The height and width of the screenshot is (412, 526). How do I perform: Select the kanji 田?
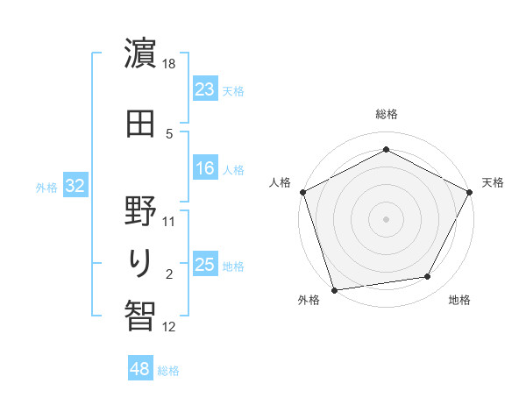coord(140,124)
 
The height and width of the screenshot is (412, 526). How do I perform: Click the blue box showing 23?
coord(205,89)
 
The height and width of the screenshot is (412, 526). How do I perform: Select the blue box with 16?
coord(205,168)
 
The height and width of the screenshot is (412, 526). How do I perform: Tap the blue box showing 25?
coord(205,265)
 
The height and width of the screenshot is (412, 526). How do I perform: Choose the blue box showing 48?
coord(140,369)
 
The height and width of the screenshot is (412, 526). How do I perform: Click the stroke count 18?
coord(170,64)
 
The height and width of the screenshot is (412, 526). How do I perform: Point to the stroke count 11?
coord(170,221)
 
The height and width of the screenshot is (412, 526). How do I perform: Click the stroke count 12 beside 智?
coord(170,327)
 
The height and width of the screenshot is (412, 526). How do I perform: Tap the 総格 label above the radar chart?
coord(387,114)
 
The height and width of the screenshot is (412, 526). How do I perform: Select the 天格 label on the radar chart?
coord(493,182)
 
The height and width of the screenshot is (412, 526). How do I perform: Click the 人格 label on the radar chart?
coord(281,182)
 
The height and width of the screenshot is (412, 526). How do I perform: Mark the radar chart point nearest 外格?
coord(334,289)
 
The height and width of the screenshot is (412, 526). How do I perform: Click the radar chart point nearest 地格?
coord(428,277)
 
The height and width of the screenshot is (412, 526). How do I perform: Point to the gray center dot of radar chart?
coord(387,218)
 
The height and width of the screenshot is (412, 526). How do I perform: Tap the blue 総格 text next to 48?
coord(168,371)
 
